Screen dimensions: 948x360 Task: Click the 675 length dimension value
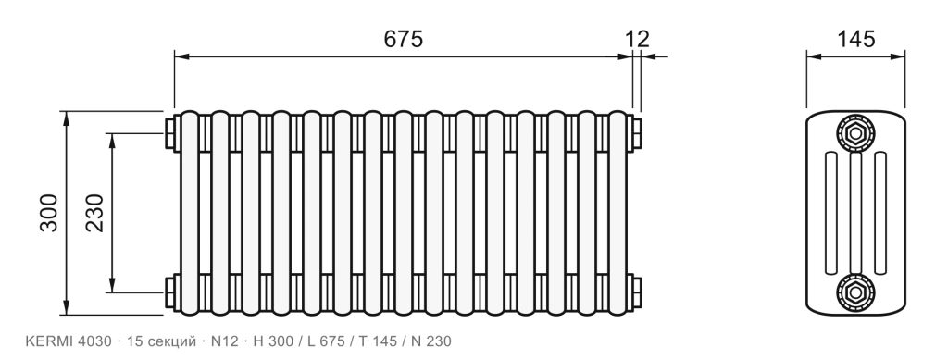coord(404,39)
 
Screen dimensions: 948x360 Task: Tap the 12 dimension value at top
coord(637,39)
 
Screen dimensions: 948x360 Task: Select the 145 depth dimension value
coord(855,39)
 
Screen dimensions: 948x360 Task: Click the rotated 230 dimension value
coord(95,213)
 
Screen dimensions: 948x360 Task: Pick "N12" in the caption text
coord(225,341)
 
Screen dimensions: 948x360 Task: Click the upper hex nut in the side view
coord(855,132)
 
